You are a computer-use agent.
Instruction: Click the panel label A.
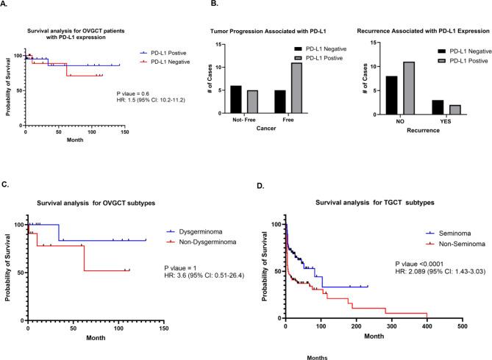pyautogui.click(x=7, y=5)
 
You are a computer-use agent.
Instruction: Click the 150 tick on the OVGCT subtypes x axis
pyautogui.click(x=163, y=328)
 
